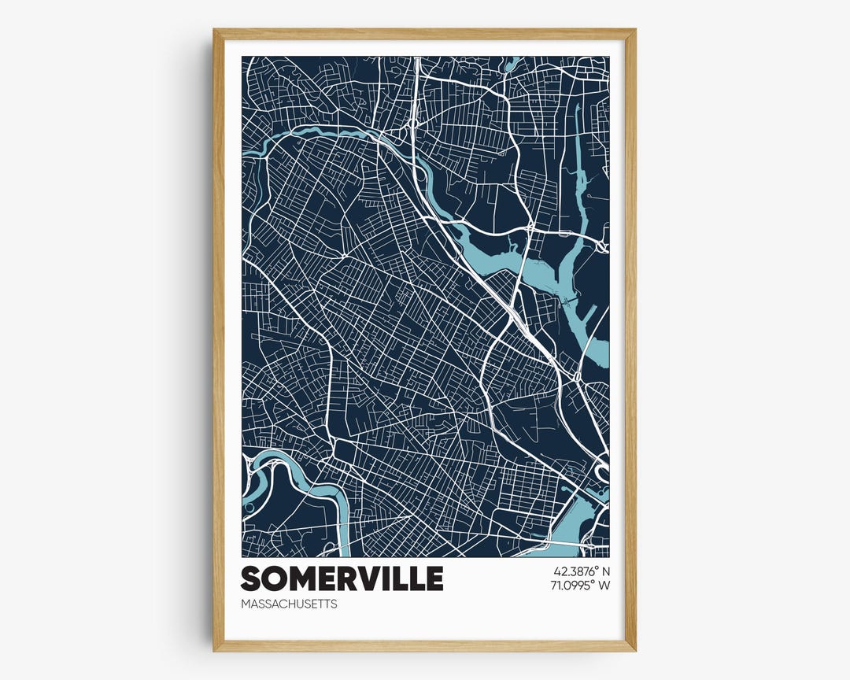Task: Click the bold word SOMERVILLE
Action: tap(342, 578)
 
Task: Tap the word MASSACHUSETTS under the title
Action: tap(290, 604)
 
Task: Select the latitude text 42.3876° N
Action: tap(582, 571)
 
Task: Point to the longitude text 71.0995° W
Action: tap(582, 585)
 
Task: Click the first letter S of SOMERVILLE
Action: tap(251, 578)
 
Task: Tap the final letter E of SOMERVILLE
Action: tap(434, 578)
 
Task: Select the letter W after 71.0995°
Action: tap(604, 585)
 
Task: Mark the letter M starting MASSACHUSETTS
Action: tap(246, 604)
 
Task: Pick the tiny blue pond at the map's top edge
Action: tap(512, 63)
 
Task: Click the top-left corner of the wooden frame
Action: tap(214, 30)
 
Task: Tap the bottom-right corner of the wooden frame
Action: tap(634, 650)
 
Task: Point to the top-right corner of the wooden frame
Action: tap(634, 30)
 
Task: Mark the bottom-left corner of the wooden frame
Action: tap(214, 650)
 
